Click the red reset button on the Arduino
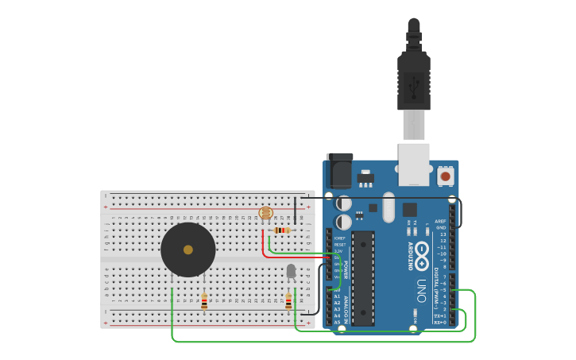[446, 176]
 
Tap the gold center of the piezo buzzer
[188, 250]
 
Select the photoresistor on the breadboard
[266, 213]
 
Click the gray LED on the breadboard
[291, 271]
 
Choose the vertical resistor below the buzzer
[204, 301]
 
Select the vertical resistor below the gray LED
[288, 301]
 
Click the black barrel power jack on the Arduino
[339, 171]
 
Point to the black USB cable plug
[413, 79]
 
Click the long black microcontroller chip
[363, 278]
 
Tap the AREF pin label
[441, 221]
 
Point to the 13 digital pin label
[443, 234]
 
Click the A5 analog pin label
[337, 322]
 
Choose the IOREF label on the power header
[339, 238]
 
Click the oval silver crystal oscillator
[388, 207]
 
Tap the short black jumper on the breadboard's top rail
[296, 210]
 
